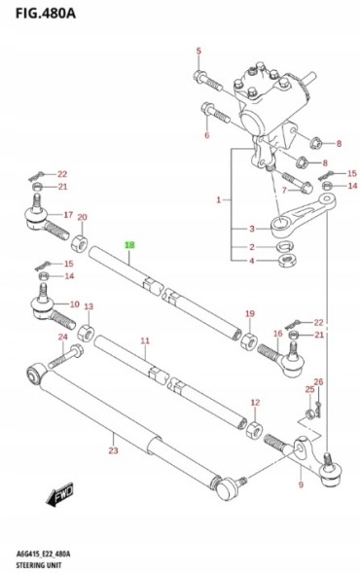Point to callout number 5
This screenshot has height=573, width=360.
coord(198,51)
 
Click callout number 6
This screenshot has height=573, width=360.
coord(206,135)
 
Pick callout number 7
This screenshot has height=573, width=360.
coord(285,190)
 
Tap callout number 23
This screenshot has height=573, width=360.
coord(113,450)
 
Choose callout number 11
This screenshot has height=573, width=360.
coord(144,340)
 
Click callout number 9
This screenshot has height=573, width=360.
coord(301,483)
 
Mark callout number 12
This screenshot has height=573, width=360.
coord(255,402)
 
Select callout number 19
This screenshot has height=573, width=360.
coord(249,314)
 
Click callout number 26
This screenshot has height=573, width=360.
coord(318,382)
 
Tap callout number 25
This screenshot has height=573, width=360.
coord(309,391)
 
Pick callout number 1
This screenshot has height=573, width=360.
coord(220,199)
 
